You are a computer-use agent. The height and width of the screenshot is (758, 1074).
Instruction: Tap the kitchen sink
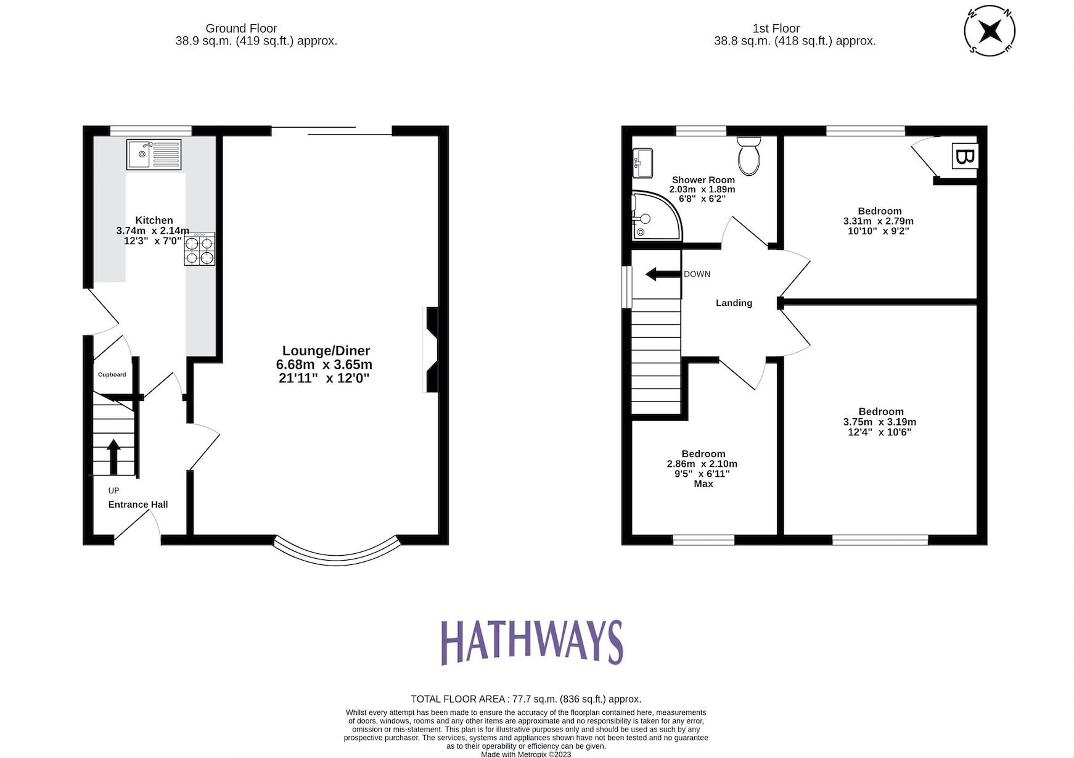pos(154,154)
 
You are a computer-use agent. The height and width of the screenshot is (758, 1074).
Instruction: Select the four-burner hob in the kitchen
pos(200,250)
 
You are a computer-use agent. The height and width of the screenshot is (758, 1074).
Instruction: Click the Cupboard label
pos(112,374)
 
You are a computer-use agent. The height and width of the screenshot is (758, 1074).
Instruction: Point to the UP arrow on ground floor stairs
pos(113,456)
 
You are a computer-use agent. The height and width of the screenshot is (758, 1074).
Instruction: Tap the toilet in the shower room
pos(750,155)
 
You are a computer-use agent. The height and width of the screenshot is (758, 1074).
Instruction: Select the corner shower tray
pos(655,215)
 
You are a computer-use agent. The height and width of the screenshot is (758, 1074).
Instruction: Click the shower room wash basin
pos(642,163)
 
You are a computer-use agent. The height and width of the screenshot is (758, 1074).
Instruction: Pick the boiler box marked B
pos(964,156)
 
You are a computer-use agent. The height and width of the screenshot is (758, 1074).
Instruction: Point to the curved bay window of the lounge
pos(337,554)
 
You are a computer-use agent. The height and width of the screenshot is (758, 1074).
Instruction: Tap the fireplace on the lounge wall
pos(431,349)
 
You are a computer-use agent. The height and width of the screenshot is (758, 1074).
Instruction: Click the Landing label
pos(733,303)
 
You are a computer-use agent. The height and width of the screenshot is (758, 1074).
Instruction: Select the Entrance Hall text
pos(137,505)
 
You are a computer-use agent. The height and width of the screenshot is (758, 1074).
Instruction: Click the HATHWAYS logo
pos(531,642)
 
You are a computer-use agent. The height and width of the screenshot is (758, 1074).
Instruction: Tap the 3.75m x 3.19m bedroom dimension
pos(879,422)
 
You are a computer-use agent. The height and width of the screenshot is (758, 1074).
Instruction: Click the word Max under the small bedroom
pos(703,484)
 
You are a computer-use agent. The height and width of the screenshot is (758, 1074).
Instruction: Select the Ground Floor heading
pos(241,28)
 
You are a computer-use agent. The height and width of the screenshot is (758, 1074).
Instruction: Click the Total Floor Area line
pos(525,699)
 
